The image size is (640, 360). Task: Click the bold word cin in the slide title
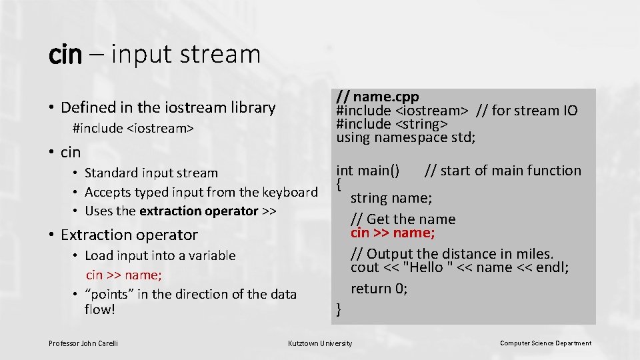click(x=65, y=55)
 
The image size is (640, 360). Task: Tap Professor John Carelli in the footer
click(x=83, y=343)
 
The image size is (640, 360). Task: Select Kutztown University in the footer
click(x=320, y=343)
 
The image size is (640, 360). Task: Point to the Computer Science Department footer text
click(x=545, y=343)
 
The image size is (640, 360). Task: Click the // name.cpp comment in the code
click(x=377, y=97)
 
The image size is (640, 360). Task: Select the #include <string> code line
click(x=392, y=124)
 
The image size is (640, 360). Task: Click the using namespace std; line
click(x=406, y=137)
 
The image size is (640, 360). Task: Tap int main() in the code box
click(x=368, y=171)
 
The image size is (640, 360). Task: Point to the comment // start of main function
click(x=503, y=171)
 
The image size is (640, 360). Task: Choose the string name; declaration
click(x=391, y=198)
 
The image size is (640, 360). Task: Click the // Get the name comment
click(x=403, y=219)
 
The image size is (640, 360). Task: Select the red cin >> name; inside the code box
click(x=393, y=233)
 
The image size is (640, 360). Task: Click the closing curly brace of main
click(x=339, y=309)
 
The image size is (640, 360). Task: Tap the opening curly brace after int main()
click(x=339, y=183)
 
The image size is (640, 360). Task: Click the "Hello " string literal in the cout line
click(x=427, y=267)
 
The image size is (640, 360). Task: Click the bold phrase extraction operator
click(x=199, y=211)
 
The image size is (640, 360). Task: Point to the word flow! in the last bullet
click(x=100, y=309)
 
